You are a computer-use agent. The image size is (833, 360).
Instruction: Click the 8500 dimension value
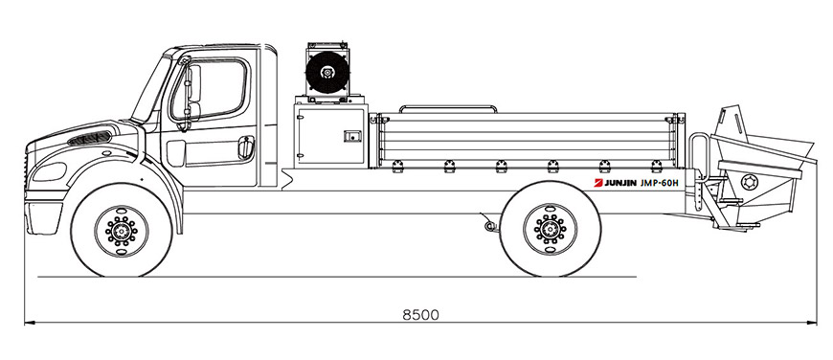pos(420,315)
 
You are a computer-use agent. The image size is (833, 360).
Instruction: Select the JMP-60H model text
pos(660,183)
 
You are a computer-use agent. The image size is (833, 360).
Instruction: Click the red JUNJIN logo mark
pos(598,183)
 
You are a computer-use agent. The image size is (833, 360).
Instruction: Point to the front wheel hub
pos(122,231)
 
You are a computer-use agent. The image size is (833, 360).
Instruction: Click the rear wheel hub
pos(550,230)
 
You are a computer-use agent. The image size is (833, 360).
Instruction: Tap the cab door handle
pos(245,147)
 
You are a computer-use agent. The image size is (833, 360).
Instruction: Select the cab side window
pos(210,89)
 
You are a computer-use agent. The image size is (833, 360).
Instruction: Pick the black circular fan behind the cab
pos(327,72)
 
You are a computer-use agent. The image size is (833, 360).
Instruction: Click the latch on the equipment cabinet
pos(350,137)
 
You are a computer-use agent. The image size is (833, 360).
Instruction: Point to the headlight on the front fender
pos(49,171)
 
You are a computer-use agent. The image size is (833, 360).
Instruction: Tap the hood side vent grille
pos(89,139)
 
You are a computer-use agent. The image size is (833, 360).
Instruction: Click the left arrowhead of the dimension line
pos(30,323)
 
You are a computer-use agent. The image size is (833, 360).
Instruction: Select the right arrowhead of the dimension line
pos(811,323)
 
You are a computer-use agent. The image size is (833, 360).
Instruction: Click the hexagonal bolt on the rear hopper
pos(749,182)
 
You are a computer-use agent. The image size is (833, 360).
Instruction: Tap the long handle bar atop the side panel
pos(448,109)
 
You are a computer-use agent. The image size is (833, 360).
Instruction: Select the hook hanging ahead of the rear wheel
pos(489,223)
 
